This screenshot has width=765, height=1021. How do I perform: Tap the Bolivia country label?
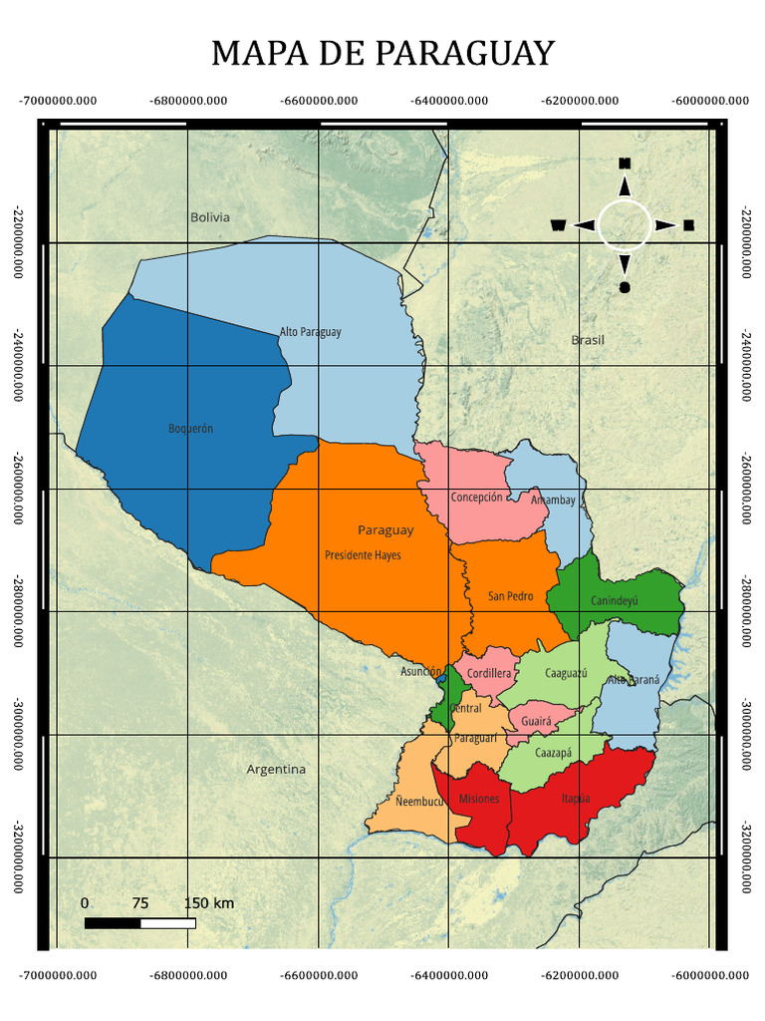(x=210, y=217)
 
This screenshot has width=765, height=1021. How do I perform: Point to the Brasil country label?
(x=588, y=340)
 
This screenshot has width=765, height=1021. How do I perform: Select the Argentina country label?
(x=276, y=770)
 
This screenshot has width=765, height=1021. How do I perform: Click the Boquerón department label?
(x=190, y=429)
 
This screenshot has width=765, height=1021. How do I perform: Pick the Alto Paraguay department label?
(x=310, y=332)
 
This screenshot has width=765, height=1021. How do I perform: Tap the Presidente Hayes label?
(x=363, y=555)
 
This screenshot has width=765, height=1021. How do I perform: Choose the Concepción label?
(x=476, y=498)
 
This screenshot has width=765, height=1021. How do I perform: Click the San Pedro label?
(x=510, y=597)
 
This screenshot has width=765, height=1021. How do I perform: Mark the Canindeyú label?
(x=614, y=601)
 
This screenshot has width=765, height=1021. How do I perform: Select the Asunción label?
(x=420, y=672)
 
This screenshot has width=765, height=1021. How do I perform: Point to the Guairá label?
(x=536, y=720)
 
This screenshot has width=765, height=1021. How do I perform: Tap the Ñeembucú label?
(x=418, y=802)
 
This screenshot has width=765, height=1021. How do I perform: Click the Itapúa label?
(x=575, y=799)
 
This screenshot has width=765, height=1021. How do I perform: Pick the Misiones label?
(x=479, y=800)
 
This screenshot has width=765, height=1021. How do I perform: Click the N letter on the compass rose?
(x=625, y=164)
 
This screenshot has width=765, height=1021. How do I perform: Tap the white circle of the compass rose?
(x=625, y=224)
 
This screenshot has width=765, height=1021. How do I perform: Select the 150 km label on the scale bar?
(x=209, y=903)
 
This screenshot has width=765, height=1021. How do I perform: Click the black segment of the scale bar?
(x=113, y=923)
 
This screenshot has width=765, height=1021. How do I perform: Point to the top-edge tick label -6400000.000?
(x=449, y=101)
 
